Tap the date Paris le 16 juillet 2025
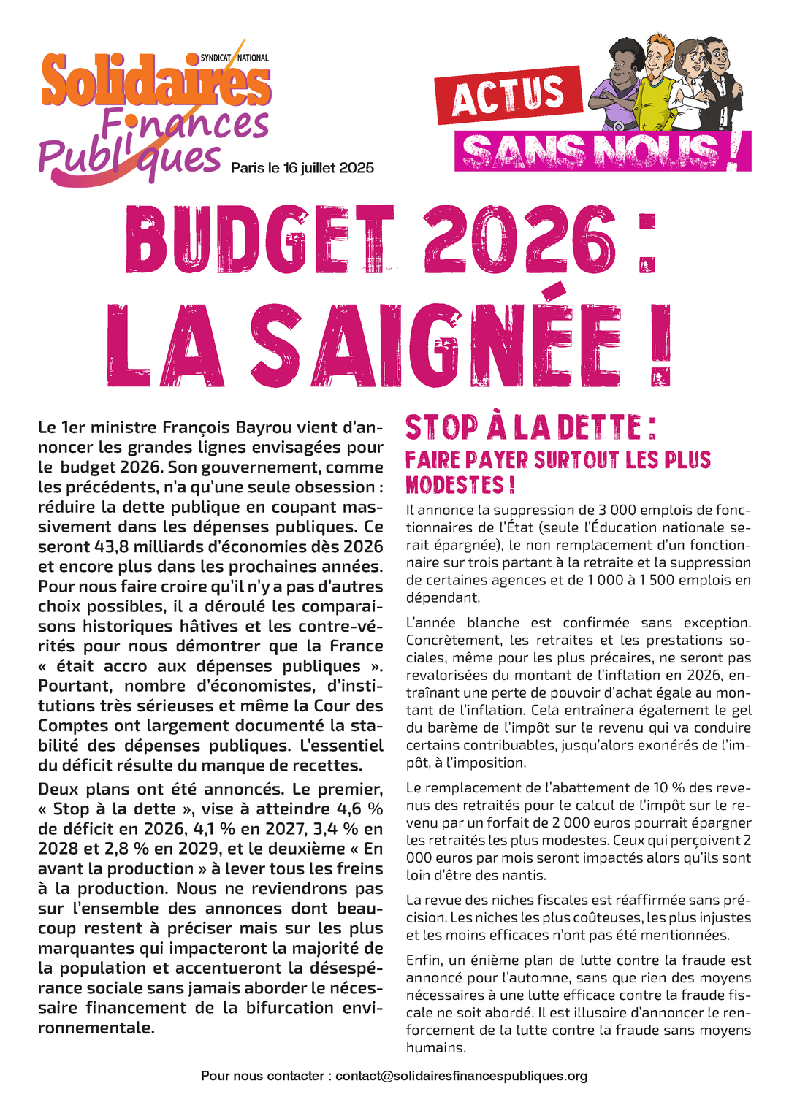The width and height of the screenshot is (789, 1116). pyautogui.click(x=302, y=169)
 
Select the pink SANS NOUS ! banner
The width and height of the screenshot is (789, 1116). pyautogui.click(x=603, y=152)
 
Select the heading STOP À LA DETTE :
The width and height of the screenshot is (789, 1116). pyautogui.click(x=531, y=428)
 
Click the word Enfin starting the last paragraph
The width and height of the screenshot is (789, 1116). pyautogui.click(x=424, y=960)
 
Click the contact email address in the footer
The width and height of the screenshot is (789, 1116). pyautogui.click(x=462, y=1077)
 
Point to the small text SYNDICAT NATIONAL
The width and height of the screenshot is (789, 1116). pyautogui.click(x=235, y=58)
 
